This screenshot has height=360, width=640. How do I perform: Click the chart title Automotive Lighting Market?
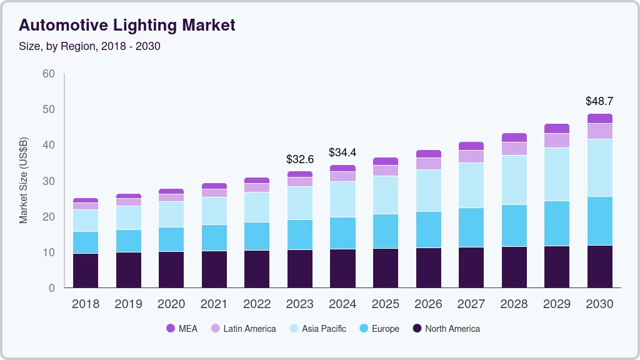pos(127,26)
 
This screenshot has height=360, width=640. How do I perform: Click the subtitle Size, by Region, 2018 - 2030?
pos(89,46)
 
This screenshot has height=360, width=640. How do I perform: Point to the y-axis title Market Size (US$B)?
pos(24,180)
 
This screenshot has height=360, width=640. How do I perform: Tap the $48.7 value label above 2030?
pos(599,101)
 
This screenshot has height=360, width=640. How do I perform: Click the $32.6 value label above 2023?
pos(300,159)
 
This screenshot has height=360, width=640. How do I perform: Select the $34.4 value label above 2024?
pos(342,152)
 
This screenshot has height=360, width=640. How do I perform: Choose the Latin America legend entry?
pos(243,328)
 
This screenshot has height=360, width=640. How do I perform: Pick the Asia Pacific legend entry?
pos(317,328)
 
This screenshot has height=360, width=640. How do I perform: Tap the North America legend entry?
pos(446,328)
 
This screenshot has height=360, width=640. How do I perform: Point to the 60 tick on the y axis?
pos(48,74)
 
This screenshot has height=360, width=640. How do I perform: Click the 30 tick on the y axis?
pos(48,181)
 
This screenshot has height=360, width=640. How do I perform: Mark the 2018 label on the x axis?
pos(86,304)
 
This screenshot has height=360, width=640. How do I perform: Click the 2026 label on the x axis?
pos(428,304)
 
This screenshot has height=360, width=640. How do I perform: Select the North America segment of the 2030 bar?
pos(599,266)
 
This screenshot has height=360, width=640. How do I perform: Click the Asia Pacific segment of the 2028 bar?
pos(514,180)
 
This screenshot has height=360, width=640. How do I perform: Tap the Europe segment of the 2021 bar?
pos(214,237)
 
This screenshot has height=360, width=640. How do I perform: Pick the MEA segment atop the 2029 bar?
pos(556,128)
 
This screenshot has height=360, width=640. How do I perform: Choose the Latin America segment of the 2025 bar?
pos(386,171)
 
